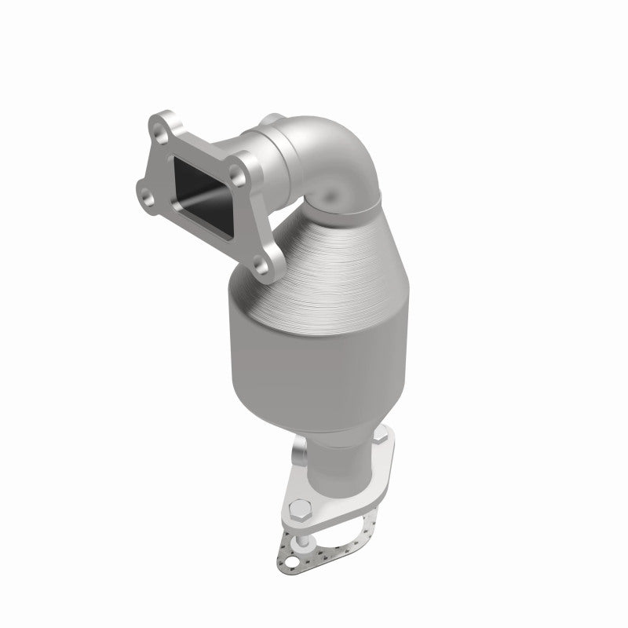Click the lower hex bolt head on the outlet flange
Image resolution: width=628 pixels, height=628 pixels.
(300, 510)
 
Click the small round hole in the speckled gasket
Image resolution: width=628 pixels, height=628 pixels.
(292, 562)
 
